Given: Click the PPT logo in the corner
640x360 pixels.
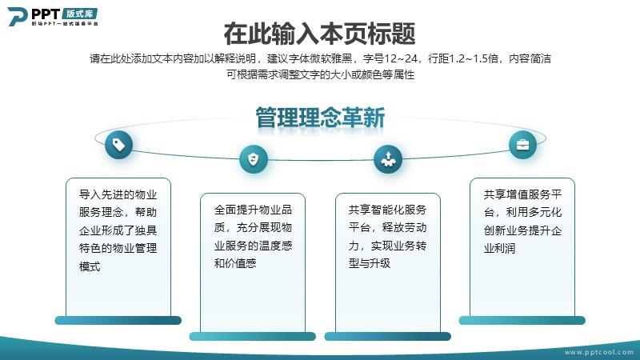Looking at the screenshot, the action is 53,17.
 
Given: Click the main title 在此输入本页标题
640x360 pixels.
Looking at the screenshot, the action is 319,34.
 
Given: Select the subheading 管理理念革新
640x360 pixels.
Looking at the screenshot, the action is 320,118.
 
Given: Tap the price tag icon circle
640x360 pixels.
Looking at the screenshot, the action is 118,145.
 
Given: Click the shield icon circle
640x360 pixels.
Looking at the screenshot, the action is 254,158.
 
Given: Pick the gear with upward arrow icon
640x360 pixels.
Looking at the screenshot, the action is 388,158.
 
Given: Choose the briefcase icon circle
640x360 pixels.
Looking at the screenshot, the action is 522,145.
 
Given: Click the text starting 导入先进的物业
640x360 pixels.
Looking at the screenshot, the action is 118,230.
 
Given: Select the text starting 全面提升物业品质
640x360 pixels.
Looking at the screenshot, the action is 253,237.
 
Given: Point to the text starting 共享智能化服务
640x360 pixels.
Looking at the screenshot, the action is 388,237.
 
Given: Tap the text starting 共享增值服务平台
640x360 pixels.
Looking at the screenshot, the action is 522,222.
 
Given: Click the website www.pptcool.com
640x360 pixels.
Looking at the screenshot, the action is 598,352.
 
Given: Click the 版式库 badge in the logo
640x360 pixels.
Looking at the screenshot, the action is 80,14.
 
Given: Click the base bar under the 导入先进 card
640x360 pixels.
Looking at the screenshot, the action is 118,321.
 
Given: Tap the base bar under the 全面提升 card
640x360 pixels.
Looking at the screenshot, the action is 253,336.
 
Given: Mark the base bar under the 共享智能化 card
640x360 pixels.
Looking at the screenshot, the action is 388,336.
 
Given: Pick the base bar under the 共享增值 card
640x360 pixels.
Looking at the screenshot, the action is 522,321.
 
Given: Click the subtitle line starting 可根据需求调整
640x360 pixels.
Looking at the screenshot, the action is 321,74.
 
